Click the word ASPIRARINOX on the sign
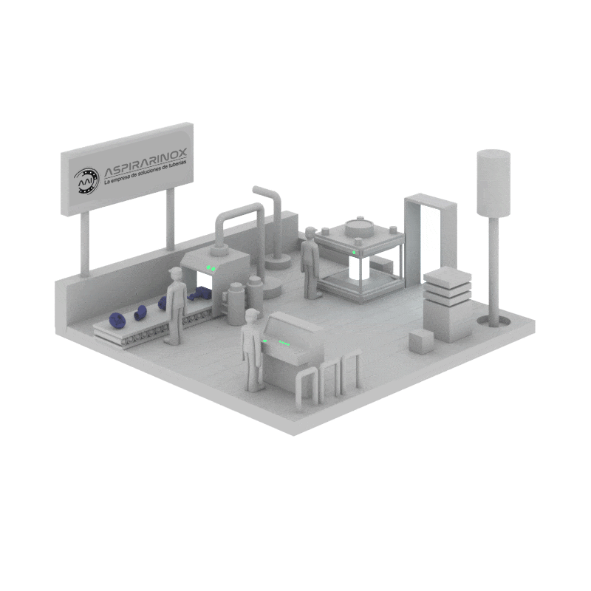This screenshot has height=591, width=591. point(146,162)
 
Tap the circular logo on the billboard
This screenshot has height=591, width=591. point(86,181)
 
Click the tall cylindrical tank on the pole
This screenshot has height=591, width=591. point(493,183)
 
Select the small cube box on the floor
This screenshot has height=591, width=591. point(422,341)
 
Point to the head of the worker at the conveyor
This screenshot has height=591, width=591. point(175,273)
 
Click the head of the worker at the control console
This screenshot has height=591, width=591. point(252,315)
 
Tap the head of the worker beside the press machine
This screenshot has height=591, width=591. point(310,233)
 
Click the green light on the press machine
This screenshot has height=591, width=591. point(354,252)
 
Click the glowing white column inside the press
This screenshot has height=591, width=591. point(356,267)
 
